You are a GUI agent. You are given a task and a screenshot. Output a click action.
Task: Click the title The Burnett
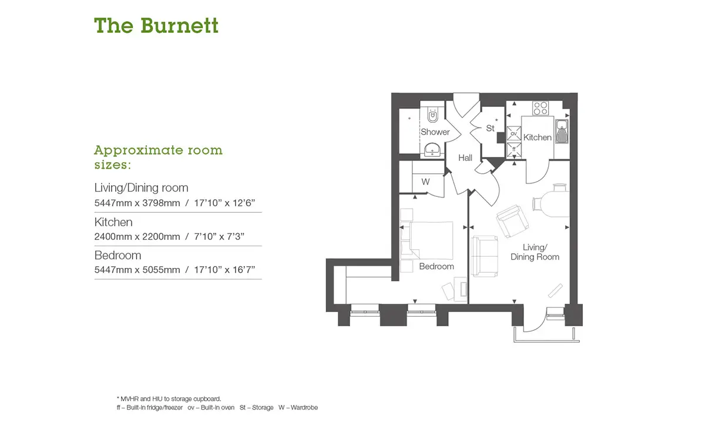[156, 25]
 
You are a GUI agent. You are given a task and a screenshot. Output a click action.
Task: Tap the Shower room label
[435, 132]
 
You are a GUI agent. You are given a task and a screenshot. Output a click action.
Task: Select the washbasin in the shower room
[432, 150]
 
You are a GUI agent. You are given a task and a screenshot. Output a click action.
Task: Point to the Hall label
[465, 157]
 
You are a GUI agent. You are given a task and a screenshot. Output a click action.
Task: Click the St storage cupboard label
[490, 128]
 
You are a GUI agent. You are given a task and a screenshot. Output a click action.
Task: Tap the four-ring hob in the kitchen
[540, 108]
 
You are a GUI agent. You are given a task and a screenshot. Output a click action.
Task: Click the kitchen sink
[562, 131]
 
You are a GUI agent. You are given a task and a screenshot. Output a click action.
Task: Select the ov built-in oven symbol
[513, 133]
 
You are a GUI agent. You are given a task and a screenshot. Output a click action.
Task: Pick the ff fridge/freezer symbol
[513, 149]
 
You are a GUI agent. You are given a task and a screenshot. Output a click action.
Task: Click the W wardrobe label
[425, 182]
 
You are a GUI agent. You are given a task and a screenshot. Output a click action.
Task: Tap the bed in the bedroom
[428, 240]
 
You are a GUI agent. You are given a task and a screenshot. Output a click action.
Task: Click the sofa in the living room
[484, 256]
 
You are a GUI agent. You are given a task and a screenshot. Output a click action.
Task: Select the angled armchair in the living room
[512, 221]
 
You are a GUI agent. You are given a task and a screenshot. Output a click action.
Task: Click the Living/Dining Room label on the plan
[535, 252]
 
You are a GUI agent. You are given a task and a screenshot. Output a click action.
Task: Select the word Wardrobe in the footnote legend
[304, 407]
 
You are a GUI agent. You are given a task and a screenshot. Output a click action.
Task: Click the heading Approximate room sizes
[158, 157]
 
